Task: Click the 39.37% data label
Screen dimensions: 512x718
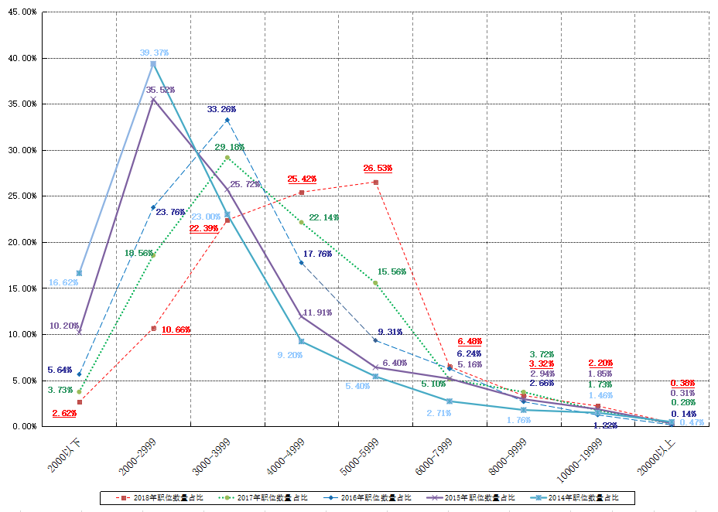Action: pyautogui.click(x=154, y=53)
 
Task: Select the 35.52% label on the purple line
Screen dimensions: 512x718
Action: pyautogui.click(x=160, y=90)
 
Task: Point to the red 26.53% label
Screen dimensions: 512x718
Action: pyautogui.click(x=378, y=168)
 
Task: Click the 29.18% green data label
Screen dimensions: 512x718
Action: pyautogui.click(x=229, y=147)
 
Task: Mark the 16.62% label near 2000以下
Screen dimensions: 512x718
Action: pyautogui.click(x=63, y=283)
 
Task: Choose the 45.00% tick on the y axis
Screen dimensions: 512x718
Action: pyautogui.click(x=22, y=12)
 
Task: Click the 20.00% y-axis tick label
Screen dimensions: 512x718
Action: pyautogui.click(x=22, y=242)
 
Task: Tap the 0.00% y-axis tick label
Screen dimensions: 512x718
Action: pyautogui.click(x=25, y=426)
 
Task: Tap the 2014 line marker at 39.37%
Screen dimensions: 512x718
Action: pyautogui.click(x=153, y=64)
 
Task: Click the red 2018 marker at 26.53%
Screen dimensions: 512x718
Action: pyautogui.click(x=375, y=183)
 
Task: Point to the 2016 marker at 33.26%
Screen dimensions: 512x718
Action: pyautogui.click(x=227, y=120)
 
